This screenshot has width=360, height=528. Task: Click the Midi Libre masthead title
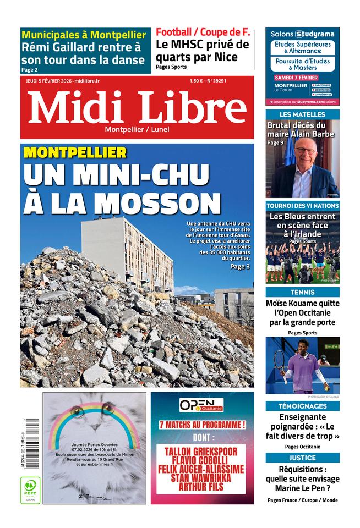pyautogui.click(x=137, y=107)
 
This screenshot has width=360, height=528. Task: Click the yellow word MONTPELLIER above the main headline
pyautogui.click(x=75, y=153)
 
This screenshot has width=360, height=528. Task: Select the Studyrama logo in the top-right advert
pyautogui.click(x=315, y=34)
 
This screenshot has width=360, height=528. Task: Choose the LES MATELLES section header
pyautogui.click(x=302, y=114)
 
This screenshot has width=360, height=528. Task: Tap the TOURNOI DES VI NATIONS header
pyautogui.click(x=302, y=205)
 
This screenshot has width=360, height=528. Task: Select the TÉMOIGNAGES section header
pyautogui.click(x=302, y=406)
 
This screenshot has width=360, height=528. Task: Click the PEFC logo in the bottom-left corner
pyautogui.click(x=30, y=490)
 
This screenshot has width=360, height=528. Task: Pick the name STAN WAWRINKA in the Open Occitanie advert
pyautogui.click(x=202, y=479)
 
